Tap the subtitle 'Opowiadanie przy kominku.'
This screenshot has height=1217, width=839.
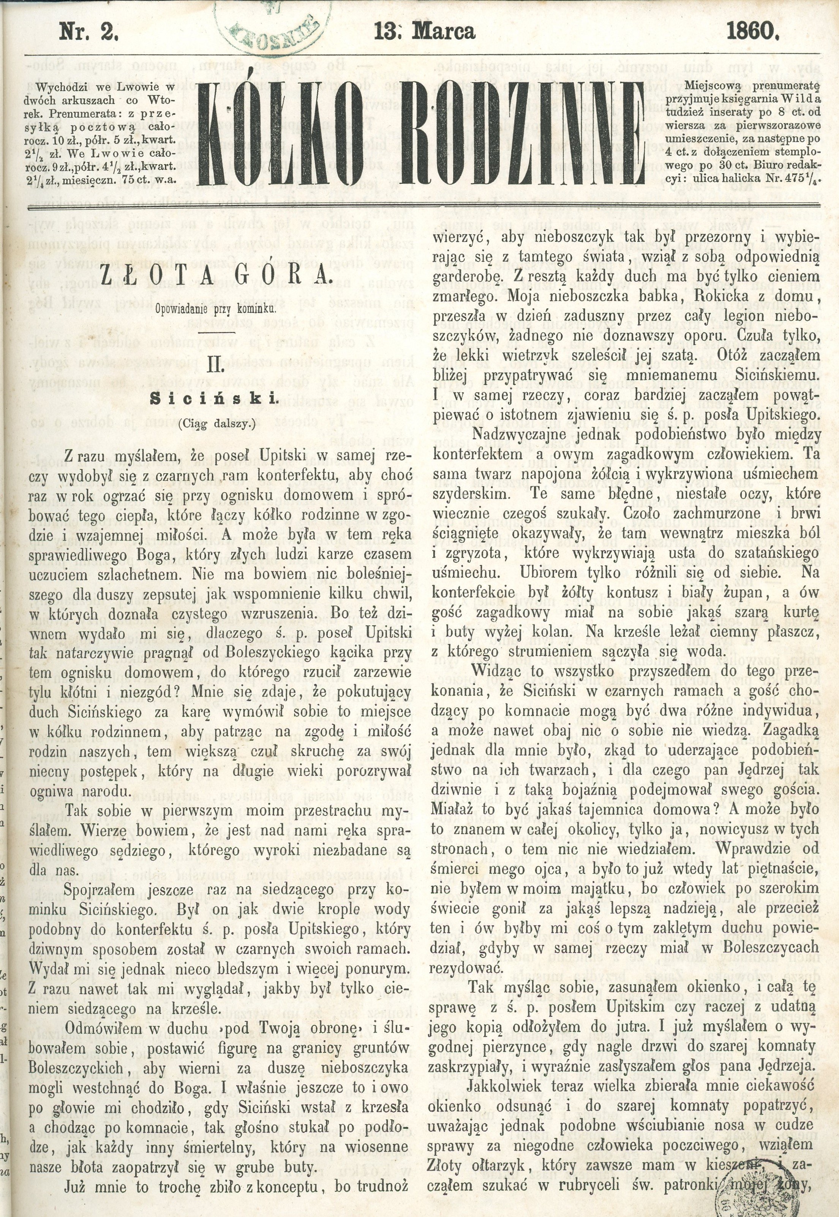click(x=215, y=310)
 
